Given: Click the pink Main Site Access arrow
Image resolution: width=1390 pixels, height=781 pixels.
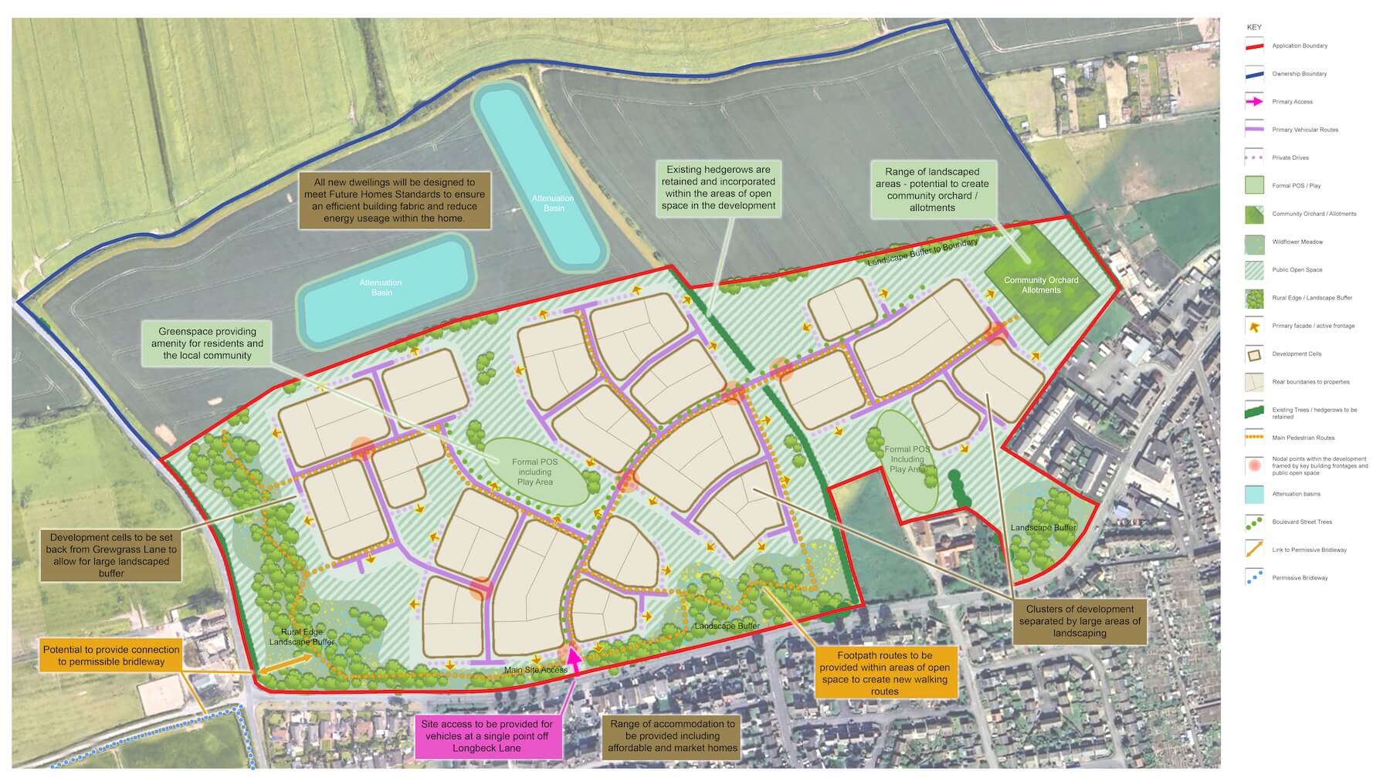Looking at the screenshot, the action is coord(574,658).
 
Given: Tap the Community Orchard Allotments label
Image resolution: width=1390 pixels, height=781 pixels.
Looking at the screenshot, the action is coord(1040,286).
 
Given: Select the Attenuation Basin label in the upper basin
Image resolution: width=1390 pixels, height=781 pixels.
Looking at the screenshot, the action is coord(553,203).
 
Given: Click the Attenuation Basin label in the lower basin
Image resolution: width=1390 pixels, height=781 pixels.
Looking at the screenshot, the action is coord(381,287).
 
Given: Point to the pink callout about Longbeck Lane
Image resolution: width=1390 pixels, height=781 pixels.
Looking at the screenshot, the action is coord(486,736).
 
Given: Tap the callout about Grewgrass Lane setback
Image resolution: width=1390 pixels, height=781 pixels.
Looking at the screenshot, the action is coord(111,555).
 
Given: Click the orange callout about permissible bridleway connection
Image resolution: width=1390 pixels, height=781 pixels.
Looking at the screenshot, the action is coord(111,655).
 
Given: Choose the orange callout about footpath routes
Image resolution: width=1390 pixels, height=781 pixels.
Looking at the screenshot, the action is coord(884,673).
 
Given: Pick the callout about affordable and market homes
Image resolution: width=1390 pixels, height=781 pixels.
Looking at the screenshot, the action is coord(672,736).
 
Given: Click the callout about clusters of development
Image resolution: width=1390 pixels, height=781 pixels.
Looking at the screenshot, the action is coord(1079,620).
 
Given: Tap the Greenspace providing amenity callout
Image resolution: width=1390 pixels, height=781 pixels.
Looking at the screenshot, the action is coord(207,343).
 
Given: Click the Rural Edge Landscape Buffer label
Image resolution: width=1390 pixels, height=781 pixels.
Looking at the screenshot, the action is coord(302,637).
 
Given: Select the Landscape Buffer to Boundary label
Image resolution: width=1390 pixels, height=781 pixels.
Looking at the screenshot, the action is coord(922,253).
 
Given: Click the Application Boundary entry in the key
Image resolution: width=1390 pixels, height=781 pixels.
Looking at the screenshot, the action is coord(1300,46).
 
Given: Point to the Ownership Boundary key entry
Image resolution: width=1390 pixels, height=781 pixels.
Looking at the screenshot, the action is coord(1300,74).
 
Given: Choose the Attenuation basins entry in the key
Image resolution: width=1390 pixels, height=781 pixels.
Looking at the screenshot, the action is coord(1296,494).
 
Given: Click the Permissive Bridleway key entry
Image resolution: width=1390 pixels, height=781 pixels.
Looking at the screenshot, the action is coord(1300,578).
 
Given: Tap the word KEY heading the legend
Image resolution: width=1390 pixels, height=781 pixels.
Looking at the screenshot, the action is coord(1254,27).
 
